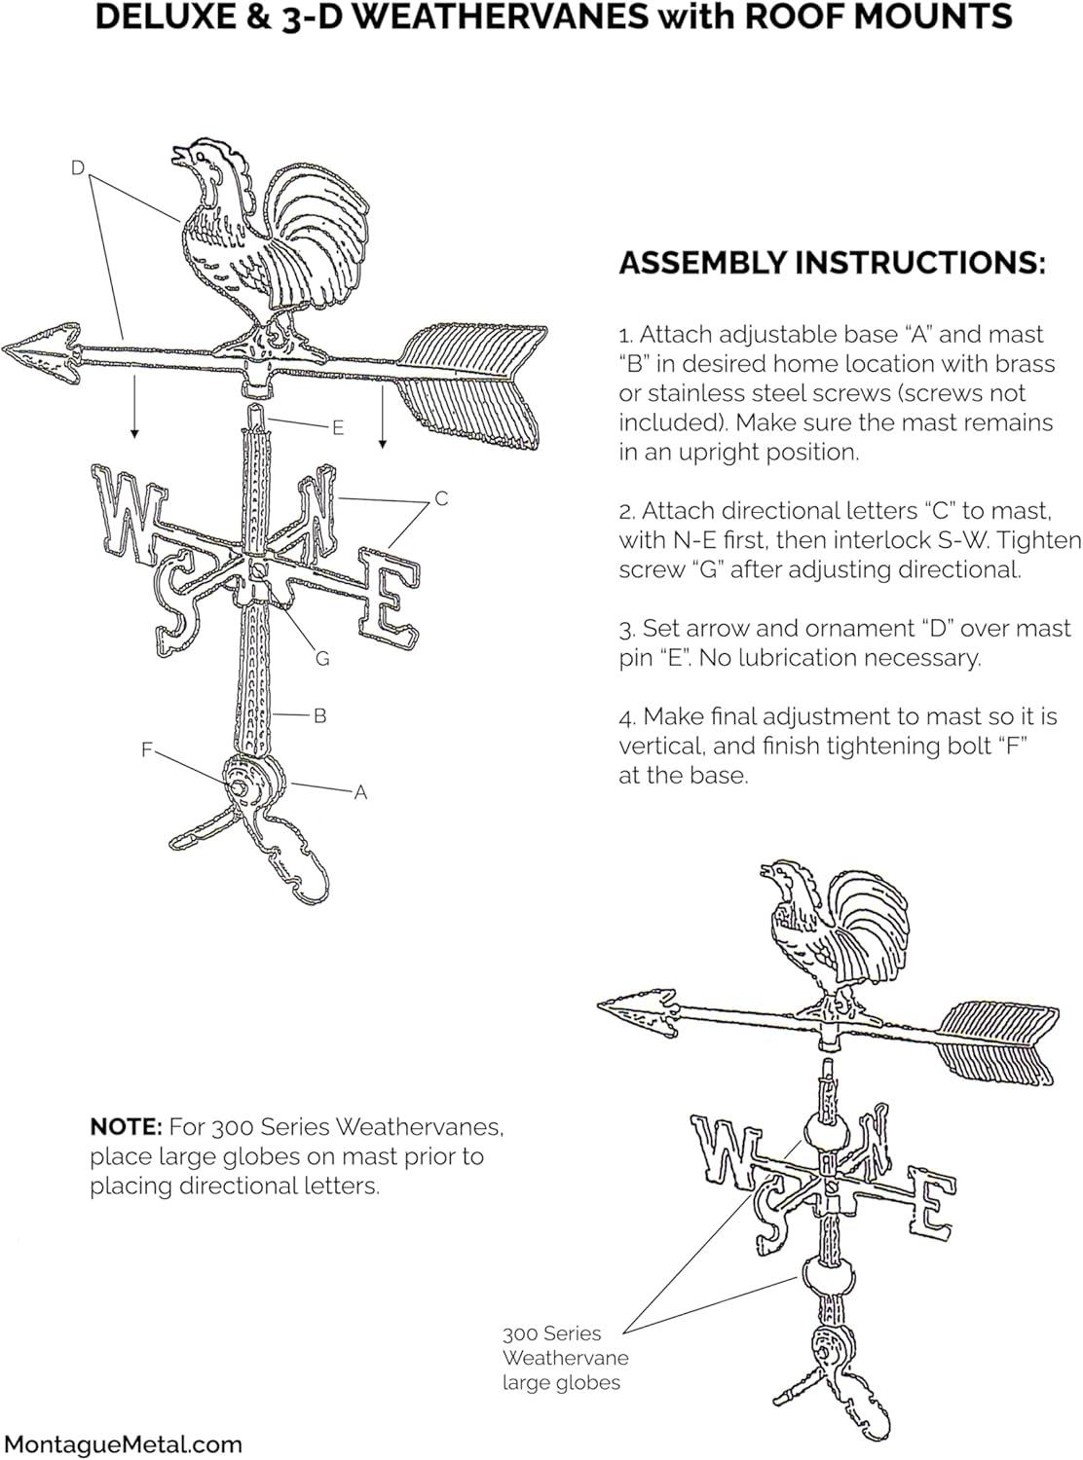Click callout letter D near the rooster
[x=78, y=168]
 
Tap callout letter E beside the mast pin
[x=337, y=427]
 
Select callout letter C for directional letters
[x=441, y=498]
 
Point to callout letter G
[x=322, y=659]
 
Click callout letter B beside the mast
[x=319, y=716]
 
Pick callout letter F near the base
[x=147, y=749]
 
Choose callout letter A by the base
[x=360, y=793]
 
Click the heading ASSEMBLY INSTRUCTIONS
[x=833, y=263]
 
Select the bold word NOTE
[x=126, y=1127]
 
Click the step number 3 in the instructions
[x=624, y=629]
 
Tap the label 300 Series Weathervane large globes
[x=565, y=1358]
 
